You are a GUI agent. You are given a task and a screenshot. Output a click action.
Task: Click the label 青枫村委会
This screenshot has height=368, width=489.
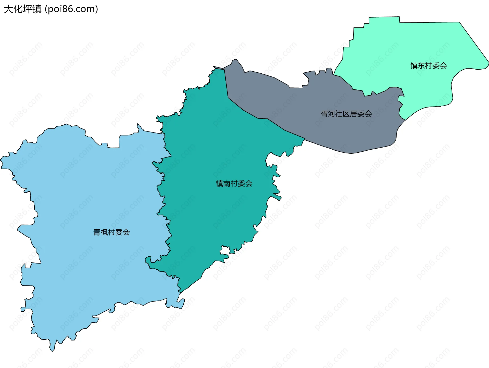click(112, 232)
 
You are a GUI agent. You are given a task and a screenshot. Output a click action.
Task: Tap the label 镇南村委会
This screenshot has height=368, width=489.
click(234, 183)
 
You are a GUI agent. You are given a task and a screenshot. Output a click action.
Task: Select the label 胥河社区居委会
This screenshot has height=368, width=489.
click(346, 114)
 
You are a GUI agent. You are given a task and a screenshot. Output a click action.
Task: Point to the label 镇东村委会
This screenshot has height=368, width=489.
click(429, 65)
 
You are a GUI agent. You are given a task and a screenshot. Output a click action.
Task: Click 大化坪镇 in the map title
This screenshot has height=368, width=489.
click(23, 9)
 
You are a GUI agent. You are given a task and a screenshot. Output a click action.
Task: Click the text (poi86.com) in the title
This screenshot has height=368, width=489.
click(71, 9)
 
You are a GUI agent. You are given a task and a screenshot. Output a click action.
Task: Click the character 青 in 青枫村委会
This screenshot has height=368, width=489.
click(97, 232)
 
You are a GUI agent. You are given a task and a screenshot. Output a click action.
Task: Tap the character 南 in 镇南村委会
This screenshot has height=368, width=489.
click(227, 183)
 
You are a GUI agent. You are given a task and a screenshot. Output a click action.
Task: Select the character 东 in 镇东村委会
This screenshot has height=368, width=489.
click(421, 65)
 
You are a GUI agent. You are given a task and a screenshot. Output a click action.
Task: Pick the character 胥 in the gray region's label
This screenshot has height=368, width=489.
click(324, 114)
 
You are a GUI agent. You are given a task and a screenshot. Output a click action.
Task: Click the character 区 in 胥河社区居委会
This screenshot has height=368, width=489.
click(346, 114)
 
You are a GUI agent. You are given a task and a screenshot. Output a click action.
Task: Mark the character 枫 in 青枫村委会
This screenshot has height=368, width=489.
click(104, 232)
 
